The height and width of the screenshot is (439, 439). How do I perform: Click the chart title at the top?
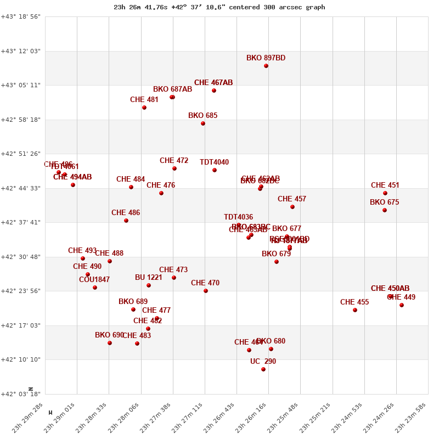[219, 7]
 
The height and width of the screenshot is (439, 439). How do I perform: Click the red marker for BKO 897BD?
[266, 66]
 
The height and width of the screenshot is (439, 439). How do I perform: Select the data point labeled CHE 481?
[144, 108]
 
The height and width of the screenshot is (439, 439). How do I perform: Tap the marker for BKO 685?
[203, 123]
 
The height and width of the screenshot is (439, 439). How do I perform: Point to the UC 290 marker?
[263, 369]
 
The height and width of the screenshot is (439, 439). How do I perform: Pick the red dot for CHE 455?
[355, 310]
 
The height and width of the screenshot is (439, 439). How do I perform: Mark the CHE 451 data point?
[385, 193]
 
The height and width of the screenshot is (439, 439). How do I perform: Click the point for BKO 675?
[385, 210]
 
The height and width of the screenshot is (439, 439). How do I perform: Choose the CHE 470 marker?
[206, 291]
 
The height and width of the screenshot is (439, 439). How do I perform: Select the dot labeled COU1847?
[95, 288]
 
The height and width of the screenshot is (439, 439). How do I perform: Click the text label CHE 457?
[292, 199]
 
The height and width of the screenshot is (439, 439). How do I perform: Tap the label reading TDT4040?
[214, 162]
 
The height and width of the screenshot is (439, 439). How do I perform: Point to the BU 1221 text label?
[149, 278]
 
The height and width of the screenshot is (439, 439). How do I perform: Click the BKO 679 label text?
[276, 254]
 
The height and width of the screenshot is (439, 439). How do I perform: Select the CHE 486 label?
[126, 213]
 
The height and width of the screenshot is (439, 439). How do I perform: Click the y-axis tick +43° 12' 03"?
[21, 51]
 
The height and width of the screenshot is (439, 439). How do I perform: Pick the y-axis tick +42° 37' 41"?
[21, 222]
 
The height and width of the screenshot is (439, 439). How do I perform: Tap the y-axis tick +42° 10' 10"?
[21, 359]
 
